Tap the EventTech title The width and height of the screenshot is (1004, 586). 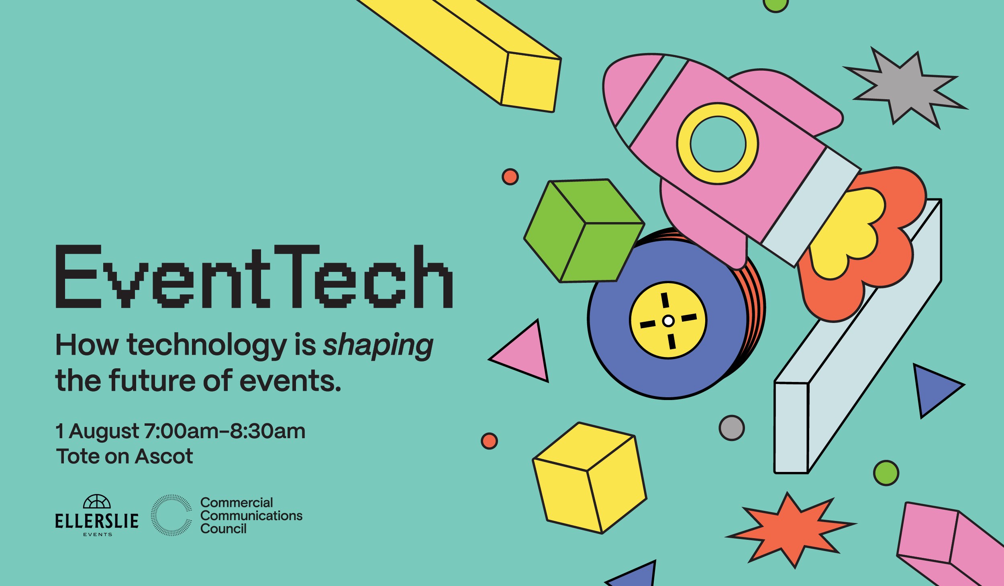click(254, 277)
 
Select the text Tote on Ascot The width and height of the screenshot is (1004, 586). click(124, 456)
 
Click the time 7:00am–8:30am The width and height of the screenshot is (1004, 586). click(224, 431)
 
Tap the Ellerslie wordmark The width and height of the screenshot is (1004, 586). click(97, 521)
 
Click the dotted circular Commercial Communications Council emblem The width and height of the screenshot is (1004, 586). click(171, 515)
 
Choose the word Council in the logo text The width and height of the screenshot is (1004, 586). click(223, 529)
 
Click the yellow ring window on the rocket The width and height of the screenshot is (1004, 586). click(717, 144)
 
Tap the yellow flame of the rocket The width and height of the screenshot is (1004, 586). click(847, 233)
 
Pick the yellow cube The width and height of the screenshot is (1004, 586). click(590, 478)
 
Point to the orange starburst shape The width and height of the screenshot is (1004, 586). click(789, 529)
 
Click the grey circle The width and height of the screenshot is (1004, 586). click(731, 428)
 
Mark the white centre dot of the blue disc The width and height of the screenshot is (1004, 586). click(668, 321)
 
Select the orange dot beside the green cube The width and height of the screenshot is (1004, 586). click(510, 177)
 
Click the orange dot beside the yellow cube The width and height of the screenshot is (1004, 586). click(489, 441)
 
